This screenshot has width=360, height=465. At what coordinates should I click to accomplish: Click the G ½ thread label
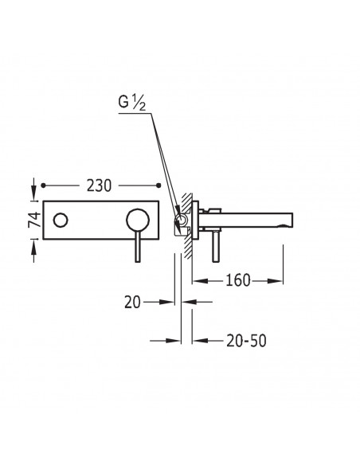[x=132, y=103]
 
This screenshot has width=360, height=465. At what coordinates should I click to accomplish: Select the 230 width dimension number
[x=99, y=186]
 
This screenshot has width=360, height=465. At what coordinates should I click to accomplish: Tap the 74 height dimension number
[x=35, y=220]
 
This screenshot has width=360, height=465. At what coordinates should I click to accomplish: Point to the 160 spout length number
[x=238, y=280]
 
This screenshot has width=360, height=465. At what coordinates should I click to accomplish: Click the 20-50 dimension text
[x=246, y=341]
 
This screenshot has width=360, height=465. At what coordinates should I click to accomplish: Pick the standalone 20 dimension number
[x=132, y=303]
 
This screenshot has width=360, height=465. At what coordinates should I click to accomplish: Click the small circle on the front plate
[x=61, y=221]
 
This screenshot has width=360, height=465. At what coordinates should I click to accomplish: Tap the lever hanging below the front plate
[x=138, y=247]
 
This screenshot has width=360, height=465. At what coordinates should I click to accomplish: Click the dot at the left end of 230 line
[x=43, y=186]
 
